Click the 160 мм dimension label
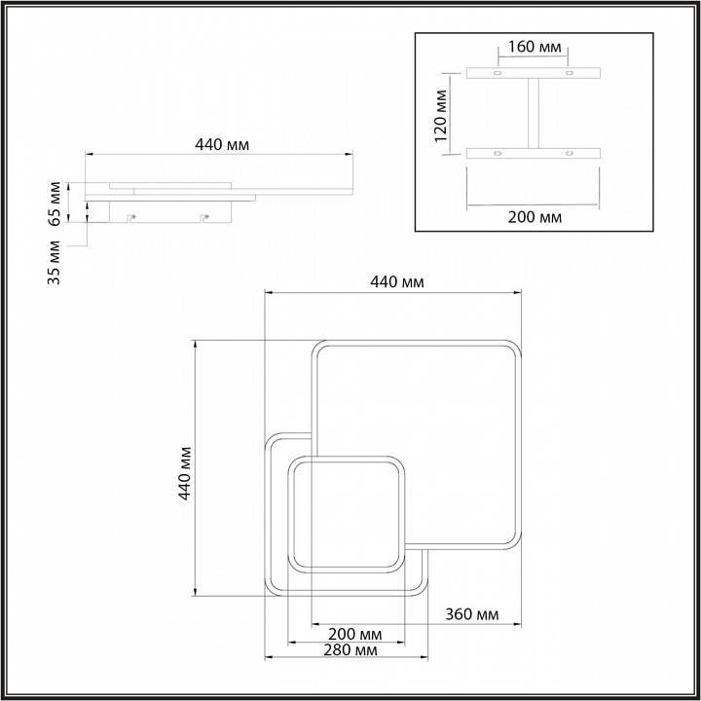[535, 47]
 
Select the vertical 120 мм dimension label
[441, 116]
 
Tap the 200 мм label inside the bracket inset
[535, 217]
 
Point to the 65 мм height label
[55, 203]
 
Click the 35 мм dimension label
[55, 263]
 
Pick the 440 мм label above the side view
[222, 145]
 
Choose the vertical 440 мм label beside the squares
[185, 473]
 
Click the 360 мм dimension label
[471, 614]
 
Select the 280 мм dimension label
[350, 650]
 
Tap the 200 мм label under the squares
[355, 634]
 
